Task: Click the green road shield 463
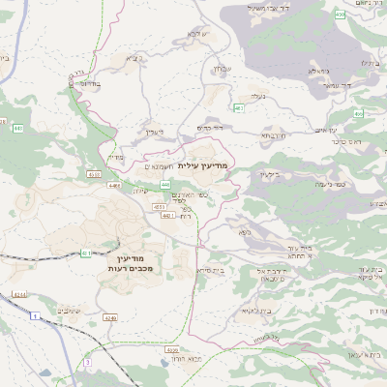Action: coord(238,108)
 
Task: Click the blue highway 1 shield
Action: coord(36,316)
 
